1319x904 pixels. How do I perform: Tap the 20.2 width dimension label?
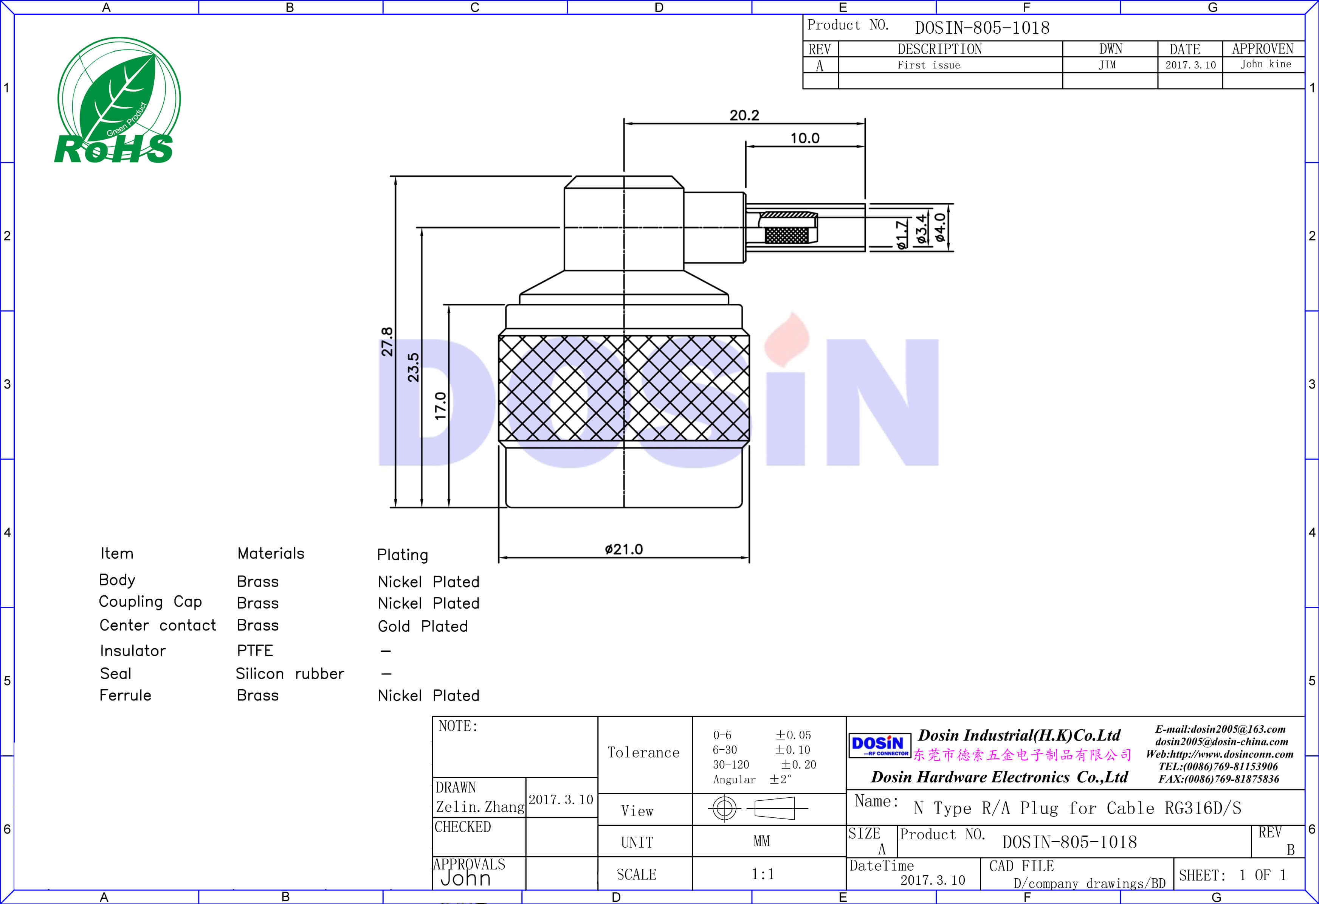(x=744, y=115)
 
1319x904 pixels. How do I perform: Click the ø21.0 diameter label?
(x=624, y=549)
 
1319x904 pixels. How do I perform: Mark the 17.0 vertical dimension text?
(x=440, y=405)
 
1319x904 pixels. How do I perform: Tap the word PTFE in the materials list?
(x=255, y=650)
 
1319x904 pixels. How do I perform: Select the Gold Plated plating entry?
(x=423, y=626)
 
